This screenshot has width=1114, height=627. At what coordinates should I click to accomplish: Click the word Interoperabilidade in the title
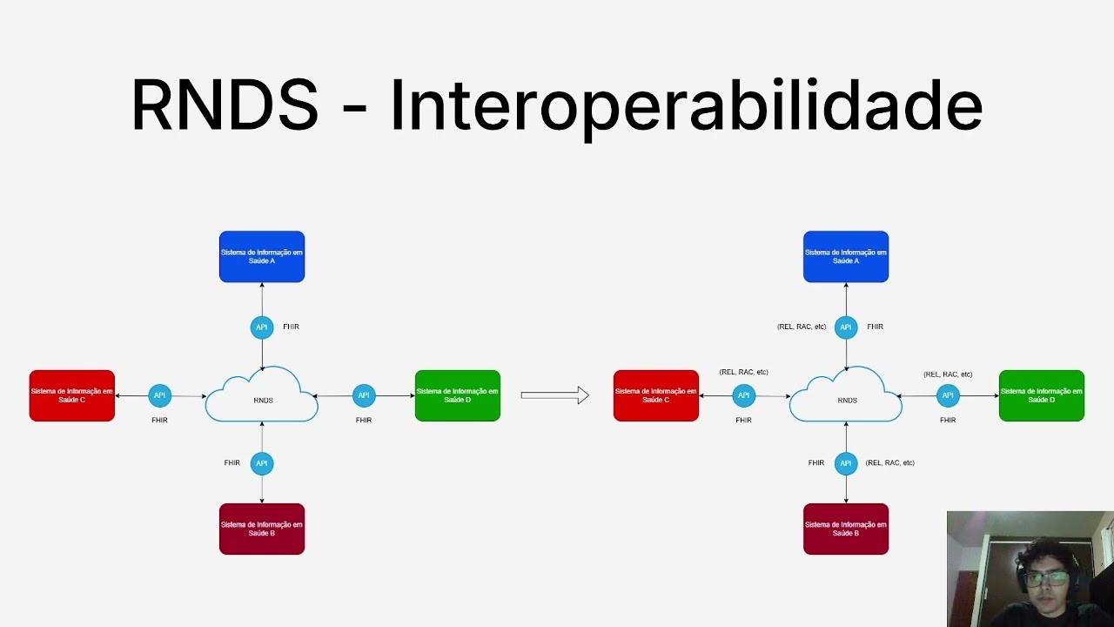point(686,105)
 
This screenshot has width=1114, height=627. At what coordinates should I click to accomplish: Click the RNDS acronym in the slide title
point(225,105)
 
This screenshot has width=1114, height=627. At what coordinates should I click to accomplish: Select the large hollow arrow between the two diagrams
point(554,395)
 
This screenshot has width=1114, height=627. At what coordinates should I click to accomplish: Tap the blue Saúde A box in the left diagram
point(262,257)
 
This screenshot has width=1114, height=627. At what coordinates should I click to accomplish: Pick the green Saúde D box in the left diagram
point(458,395)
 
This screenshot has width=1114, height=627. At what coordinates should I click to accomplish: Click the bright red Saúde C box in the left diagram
point(72,395)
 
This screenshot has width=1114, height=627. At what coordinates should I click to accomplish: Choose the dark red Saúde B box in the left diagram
point(262,529)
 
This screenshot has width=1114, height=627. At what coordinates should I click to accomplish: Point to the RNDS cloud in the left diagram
point(262,398)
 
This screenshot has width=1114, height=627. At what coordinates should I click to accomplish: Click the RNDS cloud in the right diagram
point(846,398)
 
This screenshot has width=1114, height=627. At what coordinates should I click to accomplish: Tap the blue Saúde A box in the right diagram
point(846,257)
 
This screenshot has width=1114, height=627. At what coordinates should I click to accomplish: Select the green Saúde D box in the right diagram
point(1042,395)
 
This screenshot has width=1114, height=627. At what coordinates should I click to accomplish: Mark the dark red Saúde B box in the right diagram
point(846,529)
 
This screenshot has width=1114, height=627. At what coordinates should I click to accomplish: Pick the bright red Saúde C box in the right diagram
point(656,395)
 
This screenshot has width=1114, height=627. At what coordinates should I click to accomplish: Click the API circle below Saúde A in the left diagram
point(262,327)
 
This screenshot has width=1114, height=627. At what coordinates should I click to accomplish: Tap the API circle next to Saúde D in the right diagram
point(948,395)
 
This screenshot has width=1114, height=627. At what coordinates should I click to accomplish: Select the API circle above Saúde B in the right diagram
point(846,463)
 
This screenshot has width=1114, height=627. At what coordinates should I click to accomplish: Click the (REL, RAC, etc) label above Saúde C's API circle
point(743,372)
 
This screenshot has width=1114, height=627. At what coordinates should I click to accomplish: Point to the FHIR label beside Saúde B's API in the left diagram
point(232,463)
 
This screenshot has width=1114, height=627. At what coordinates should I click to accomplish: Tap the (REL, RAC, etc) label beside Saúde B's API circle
point(889,463)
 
